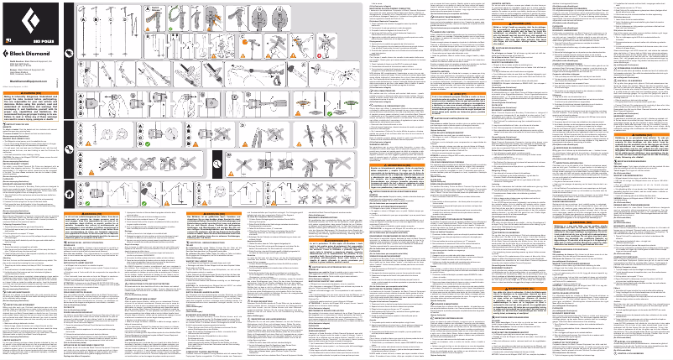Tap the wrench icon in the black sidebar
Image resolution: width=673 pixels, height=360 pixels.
click(70, 149)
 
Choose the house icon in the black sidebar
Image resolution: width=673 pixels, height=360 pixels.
click(70, 192)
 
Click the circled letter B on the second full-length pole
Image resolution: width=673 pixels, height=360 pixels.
click(100, 15)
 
